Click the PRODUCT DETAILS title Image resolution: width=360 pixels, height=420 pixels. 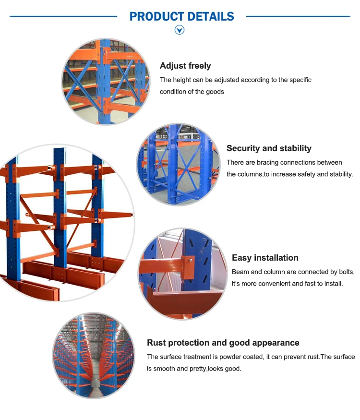tap(181, 16)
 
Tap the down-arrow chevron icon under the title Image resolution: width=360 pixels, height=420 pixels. tap(180, 30)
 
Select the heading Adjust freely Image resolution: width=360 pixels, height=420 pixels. tap(185, 66)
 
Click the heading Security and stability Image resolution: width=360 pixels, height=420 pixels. tap(269, 148)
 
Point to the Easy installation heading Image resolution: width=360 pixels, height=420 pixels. tap(265, 258)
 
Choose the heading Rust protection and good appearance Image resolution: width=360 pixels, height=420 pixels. tap(223, 343)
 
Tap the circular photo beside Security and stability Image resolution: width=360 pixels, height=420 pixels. tap(178, 165)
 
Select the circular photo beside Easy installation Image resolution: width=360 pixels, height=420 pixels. tap(182, 274)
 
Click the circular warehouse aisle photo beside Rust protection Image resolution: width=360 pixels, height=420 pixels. tap(94, 355)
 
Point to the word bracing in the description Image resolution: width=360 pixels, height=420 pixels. tap(266, 162)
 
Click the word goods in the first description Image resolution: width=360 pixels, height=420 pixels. tap(215, 91)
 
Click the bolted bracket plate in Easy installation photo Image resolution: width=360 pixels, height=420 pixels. tap(188, 265)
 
